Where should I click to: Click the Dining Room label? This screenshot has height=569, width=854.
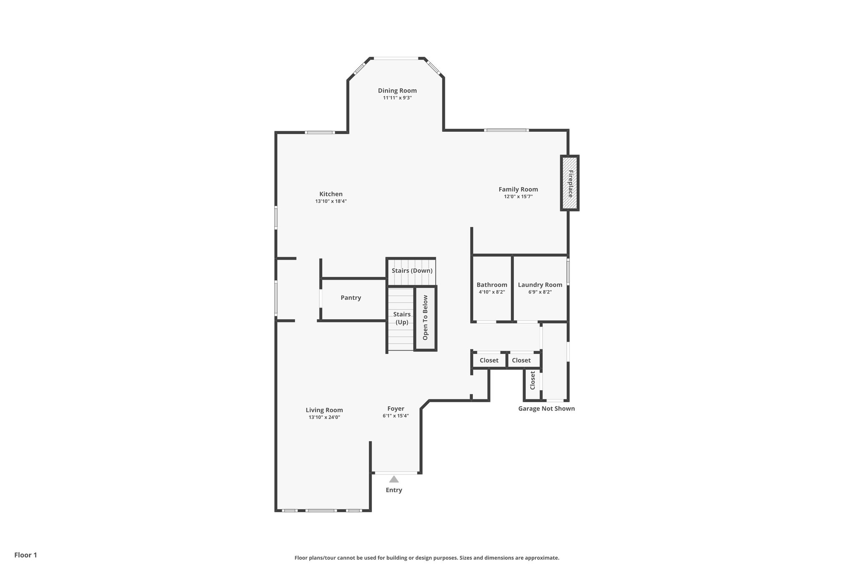coord(397,90)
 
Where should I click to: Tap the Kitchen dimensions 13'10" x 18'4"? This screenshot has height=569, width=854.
coord(331,201)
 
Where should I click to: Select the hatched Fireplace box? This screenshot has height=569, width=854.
coord(570,183)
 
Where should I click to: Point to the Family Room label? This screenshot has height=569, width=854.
coord(518,189)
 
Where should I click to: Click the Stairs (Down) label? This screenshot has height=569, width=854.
coord(412,271)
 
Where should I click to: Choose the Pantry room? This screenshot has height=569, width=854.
coord(351,298)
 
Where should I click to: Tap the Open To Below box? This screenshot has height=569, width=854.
coord(425,318)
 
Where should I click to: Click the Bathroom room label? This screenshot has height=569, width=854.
coord(492,285)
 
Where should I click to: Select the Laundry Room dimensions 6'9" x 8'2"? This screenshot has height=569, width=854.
coord(540,292)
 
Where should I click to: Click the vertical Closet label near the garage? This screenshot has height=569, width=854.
coord(532,380)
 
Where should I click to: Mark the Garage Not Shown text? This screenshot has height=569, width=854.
coord(546,409)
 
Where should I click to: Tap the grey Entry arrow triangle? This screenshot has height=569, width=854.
coord(394,479)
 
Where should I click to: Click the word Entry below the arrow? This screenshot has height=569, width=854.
coord(394,490)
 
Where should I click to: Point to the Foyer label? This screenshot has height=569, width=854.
coord(395,409)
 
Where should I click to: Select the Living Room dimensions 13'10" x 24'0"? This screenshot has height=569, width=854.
coord(324,417)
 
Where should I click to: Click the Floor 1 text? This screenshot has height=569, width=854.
coord(25,555)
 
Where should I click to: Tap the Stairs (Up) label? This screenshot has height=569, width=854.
coord(402,318)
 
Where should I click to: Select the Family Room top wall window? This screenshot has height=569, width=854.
coord(506,130)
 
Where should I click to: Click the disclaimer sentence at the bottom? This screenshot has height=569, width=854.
coord(427,558)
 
